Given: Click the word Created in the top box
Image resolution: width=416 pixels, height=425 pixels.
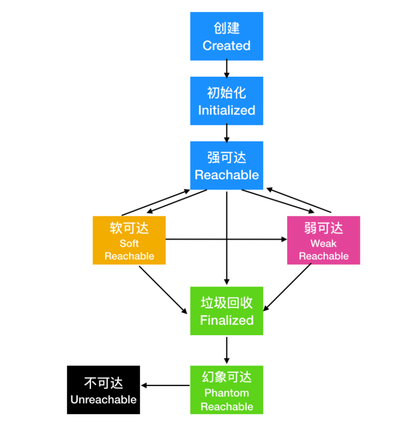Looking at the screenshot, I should [x=226, y=46].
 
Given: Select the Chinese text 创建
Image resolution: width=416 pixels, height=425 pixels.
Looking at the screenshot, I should [x=226, y=29].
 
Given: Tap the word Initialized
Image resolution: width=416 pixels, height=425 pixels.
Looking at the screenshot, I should [x=226, y=111].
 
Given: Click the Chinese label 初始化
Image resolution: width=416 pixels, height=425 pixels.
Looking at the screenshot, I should [x=226, y=93].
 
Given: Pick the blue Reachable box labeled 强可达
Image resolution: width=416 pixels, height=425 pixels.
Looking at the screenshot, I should [x=226, y=165].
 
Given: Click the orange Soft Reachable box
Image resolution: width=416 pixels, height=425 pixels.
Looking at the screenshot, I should [x=129, y=240].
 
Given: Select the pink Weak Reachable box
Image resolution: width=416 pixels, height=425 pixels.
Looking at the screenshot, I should [x=324, y=240].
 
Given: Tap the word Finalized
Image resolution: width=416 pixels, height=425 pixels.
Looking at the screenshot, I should [x=226, y=320].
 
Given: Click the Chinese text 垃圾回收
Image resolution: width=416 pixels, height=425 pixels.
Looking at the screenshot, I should [x=226, y=303].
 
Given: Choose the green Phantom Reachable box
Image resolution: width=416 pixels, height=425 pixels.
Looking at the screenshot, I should [x=226, y=390].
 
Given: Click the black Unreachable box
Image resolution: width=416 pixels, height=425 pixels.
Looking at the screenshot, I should [x=103, y=390].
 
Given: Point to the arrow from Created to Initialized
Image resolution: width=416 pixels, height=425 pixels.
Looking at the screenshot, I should [x=226, y=68].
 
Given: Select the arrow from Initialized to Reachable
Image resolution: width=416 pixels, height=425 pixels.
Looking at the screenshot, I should [x=226, y=133].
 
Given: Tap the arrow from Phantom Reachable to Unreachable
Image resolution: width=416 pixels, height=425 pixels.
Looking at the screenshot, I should [x=166, y=385].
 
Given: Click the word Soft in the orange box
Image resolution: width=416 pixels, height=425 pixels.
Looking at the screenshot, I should [x=129, y=244].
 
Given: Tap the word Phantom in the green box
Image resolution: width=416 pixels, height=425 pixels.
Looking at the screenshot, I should [x=226, y=393].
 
